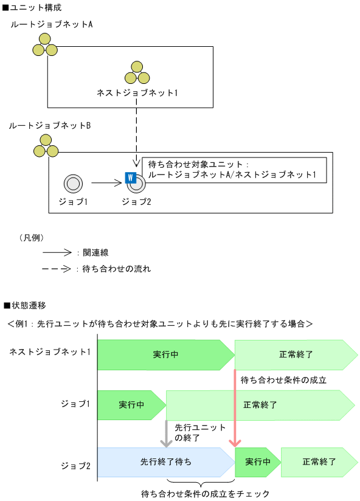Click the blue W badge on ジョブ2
tap(130, 178)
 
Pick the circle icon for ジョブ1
tap(73, 182)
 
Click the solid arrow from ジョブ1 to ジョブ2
tap(107, 182)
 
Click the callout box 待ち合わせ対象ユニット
tap(234, 170)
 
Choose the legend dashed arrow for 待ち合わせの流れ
tap(57, 268)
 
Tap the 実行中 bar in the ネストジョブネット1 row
tap(164, 354)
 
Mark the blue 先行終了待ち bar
tap(164, 463)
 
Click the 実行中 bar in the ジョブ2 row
tap(257, 463)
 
